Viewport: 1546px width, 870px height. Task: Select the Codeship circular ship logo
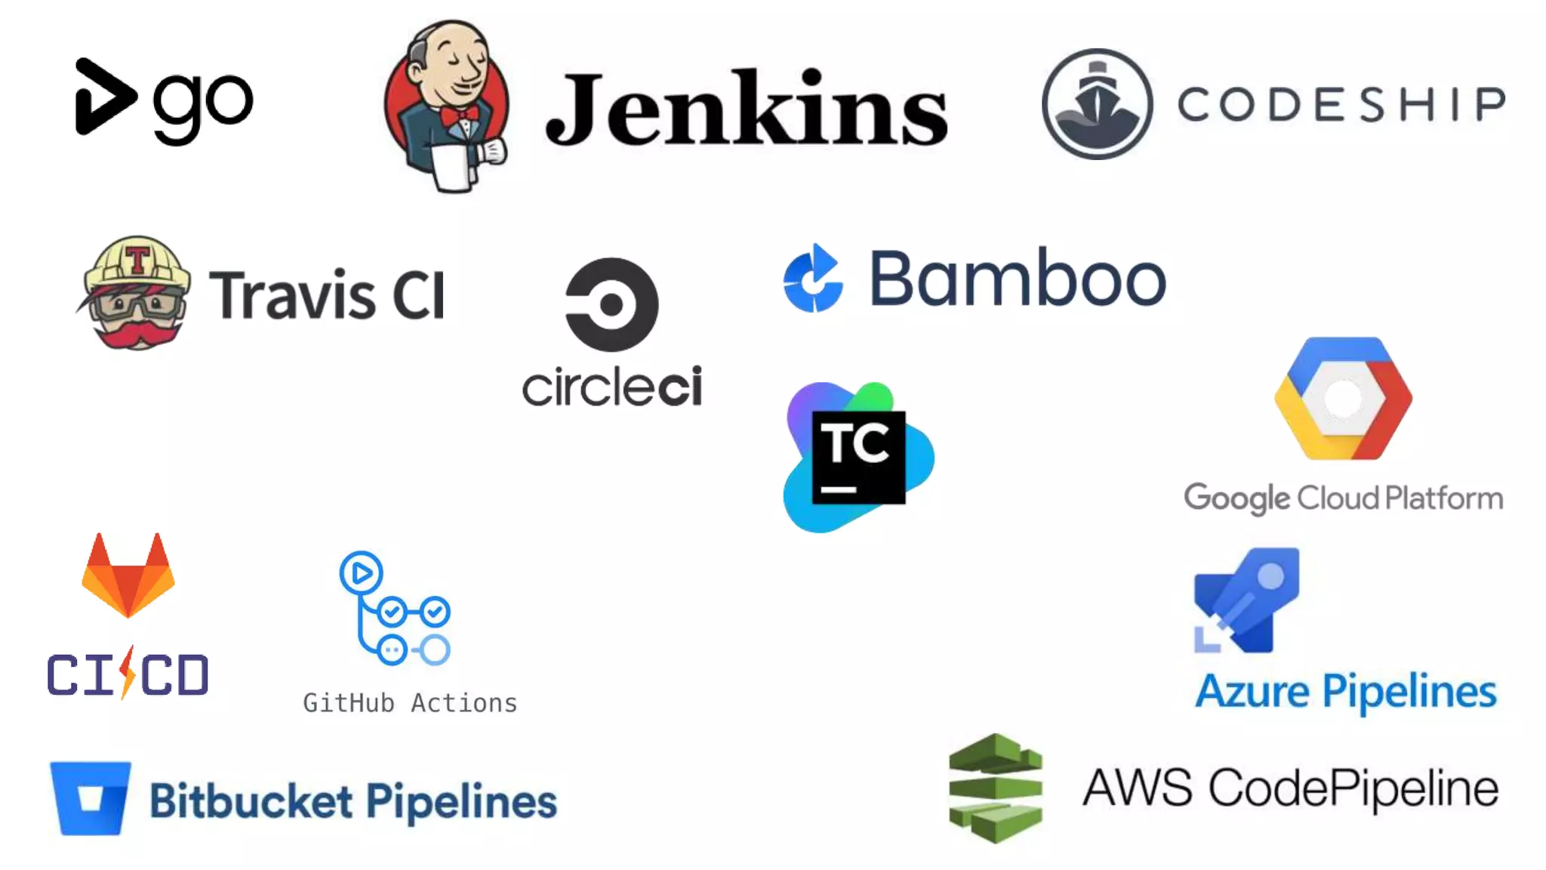(x=1097, y=104)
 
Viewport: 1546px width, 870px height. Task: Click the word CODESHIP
(x=1341, y=104)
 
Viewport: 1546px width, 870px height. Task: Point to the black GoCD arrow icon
(x=104, y=97)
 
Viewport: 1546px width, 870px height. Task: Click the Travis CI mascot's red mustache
(x=137, y=333)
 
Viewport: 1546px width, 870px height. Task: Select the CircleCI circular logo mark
(x=611, y=304)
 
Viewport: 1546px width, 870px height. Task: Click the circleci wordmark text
(x=611, y=387)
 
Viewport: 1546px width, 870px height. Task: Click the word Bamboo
(x=1018, y=279)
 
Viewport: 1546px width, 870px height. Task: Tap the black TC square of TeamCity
(x=858, y=457)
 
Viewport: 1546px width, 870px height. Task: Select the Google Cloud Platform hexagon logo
(x=1343, y=398)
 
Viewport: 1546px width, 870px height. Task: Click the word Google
(x=1236, y=498)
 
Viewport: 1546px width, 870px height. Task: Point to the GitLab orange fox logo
(x=128, y=577)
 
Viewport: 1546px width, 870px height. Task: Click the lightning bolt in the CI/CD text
(x=128, y=672)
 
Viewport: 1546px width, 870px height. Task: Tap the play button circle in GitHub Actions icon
(x=361, y=573)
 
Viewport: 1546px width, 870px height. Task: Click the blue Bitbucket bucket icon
(x=91, y=798)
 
